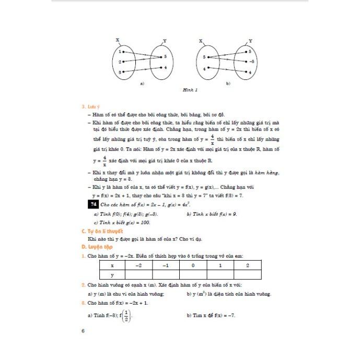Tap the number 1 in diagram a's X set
[121, 52]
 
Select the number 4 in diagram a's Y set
[165, 68]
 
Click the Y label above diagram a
[165, 40]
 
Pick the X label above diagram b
[201, 40]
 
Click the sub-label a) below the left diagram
[142, 83]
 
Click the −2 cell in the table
[138, 265]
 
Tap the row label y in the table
[112, 274]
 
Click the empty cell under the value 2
[247, 274]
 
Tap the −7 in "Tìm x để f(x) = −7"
[232, 316]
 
